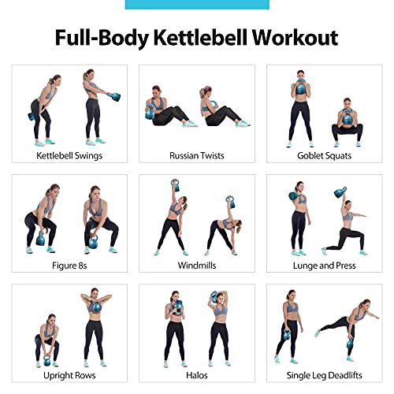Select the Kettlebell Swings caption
click(69, 155)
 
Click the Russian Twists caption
click(196, 155)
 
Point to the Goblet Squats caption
click(324, 155)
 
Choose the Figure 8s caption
click(69, 265)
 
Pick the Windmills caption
click(196, 265)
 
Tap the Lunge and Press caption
click(324, 265)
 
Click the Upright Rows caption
click(69, 375)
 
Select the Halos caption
click(196, 375)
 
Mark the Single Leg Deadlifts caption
click(324, 375)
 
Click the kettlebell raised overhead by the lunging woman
click(340, 192)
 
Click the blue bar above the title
click(196, 4)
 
